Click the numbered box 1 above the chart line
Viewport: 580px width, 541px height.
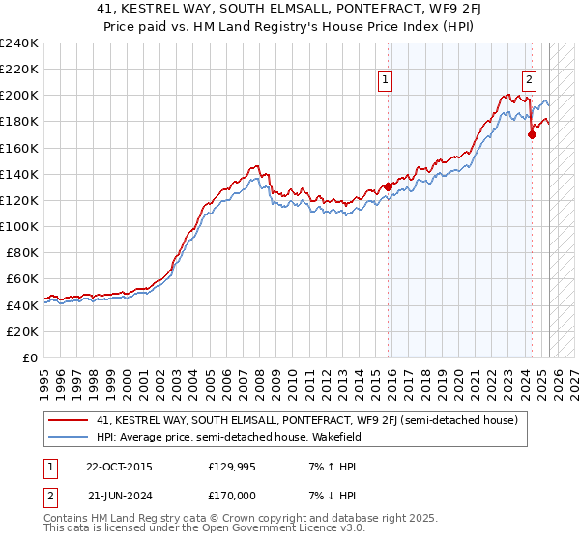[385, 80]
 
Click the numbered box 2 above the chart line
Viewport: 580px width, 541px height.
[530, 80]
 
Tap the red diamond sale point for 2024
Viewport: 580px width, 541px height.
[532, 135]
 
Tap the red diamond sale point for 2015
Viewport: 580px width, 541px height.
[389, 186]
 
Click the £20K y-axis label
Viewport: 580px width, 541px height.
[23, 331]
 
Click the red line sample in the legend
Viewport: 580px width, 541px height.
[71, 420]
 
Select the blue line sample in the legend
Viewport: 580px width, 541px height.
[71, 437]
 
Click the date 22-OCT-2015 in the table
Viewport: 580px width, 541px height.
[119, 466]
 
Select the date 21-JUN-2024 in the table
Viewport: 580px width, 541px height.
[119, 495]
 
